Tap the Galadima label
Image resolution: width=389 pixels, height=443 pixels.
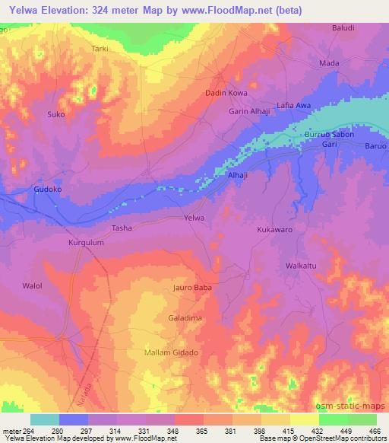182,316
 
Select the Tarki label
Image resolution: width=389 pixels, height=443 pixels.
100,49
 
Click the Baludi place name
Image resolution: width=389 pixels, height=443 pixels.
343,28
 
